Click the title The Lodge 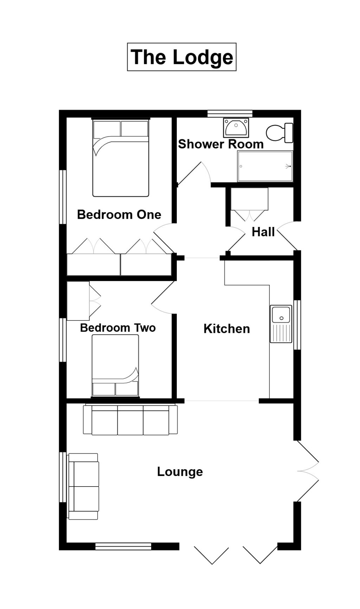[181, 57]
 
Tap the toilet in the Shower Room [279, 133]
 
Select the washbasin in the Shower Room [236, 128]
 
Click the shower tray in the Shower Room [265, 166]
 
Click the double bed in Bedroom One [121, 158]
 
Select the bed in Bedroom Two [115, 366]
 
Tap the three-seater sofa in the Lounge [130, 420]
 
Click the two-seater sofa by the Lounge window [84, 486]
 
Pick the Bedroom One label [119, 215]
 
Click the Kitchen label [227, 329]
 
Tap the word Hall [263, 232]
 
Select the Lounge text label [180, 472]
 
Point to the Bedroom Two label [118, 328]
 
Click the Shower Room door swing [193, 174]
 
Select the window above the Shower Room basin [230, 113]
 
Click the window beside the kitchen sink [297, 324]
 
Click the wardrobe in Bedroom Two [78, 301]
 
